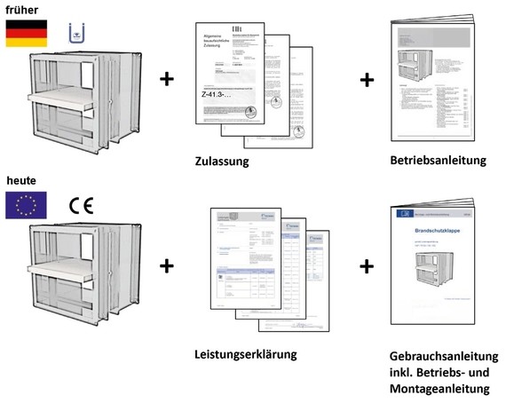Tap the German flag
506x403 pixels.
23,33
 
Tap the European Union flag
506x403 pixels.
23,206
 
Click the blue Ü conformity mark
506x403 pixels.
77,35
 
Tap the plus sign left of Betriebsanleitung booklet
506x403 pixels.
368,80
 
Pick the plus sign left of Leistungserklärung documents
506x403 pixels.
166,265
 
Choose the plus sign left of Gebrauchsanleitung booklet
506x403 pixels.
368,265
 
